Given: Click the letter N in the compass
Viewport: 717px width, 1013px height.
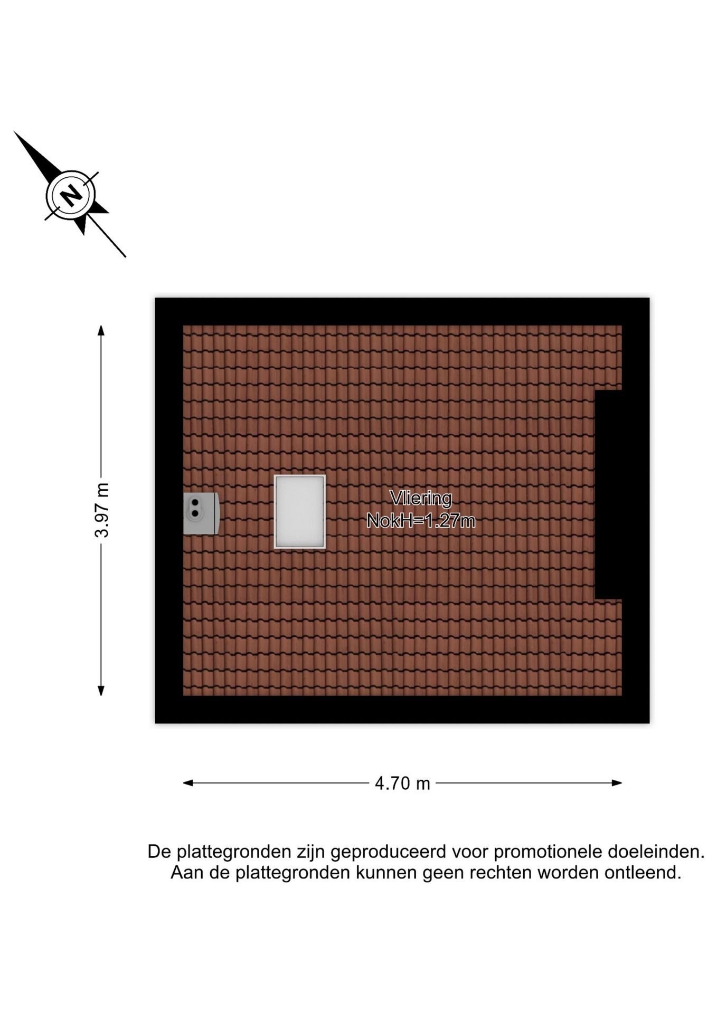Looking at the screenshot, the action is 70,195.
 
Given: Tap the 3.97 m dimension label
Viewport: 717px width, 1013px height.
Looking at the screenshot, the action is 101,510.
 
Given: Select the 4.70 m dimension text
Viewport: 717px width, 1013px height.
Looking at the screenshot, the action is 402,783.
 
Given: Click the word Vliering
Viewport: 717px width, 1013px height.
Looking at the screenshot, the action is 421,498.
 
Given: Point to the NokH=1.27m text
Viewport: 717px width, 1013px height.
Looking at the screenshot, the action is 421,521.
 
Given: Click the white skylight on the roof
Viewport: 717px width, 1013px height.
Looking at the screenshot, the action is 299,512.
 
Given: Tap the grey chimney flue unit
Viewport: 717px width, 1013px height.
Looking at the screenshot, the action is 201,513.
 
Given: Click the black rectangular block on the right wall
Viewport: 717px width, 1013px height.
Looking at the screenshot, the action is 608,495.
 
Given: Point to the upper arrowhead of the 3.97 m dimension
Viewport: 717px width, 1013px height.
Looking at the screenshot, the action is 101,330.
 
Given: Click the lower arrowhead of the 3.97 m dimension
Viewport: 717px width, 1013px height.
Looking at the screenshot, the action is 101,691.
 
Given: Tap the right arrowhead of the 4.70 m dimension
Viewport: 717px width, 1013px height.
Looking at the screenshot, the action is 616,783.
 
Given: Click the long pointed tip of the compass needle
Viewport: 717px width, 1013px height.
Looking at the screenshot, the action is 15,132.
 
